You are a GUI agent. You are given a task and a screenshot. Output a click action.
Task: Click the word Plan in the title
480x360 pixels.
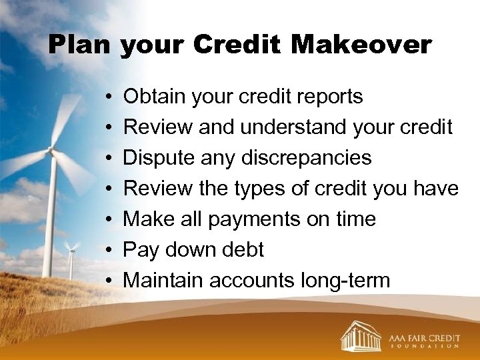(x=81, y=45)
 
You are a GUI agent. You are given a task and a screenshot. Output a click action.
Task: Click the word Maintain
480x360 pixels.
(x=163, y=281)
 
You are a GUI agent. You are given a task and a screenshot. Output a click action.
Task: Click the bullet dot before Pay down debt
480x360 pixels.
(x=107, y=251)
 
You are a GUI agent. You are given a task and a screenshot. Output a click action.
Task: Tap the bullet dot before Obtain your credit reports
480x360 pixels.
(x=107, y=97)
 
